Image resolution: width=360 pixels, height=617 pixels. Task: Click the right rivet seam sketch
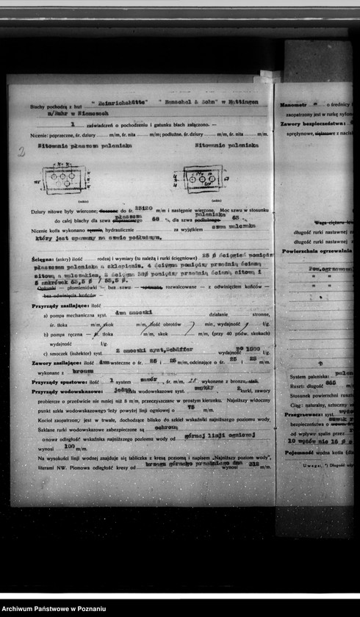[202, 178]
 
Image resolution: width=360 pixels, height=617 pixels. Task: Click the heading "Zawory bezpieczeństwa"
[312, 124]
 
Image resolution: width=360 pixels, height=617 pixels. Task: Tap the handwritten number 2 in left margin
[21, 152]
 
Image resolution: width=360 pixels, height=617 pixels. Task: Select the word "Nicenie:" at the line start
[40, 136]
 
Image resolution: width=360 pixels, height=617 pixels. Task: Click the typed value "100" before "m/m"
[71, 446]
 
